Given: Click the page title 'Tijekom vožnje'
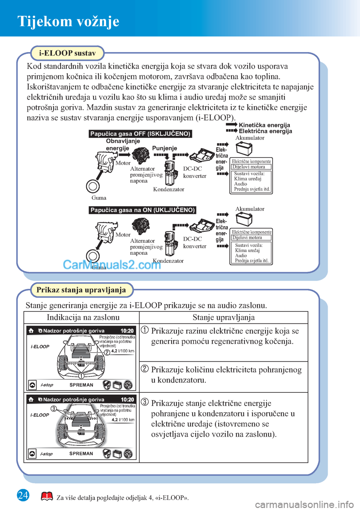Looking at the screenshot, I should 68,21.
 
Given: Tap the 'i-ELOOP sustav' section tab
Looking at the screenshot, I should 67,53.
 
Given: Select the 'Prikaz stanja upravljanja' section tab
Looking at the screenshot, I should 81,290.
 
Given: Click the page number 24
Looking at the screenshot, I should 23,495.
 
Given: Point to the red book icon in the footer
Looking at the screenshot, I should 47,497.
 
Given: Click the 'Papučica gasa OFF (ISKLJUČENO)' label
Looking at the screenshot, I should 140,134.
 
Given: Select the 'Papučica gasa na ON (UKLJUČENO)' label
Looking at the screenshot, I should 142,210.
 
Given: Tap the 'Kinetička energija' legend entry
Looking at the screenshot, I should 264,125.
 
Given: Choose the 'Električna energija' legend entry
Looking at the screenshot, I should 265,131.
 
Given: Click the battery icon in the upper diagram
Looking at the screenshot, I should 244,149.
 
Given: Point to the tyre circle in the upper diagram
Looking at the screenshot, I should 93,186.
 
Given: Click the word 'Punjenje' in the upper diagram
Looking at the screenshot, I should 165,148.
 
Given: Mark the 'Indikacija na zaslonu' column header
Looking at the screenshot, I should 83,317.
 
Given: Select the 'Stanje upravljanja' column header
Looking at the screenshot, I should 223,317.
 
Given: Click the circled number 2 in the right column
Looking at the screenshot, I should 145,368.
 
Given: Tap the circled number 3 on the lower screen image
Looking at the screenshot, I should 54,409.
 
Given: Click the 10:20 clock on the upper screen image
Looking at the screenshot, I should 127,331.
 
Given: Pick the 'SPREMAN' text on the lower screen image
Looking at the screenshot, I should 81,454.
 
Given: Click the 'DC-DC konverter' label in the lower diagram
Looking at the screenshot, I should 195,242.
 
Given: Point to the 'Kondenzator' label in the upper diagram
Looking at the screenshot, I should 169,189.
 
